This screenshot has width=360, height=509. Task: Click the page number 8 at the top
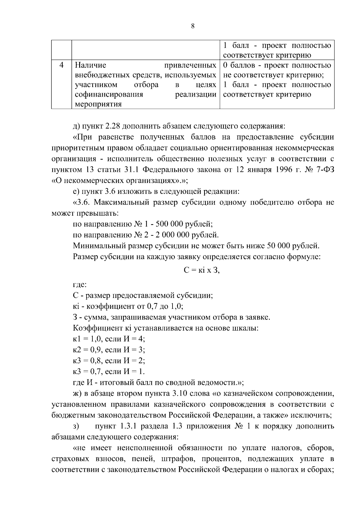193,26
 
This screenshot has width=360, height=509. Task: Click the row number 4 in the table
61,65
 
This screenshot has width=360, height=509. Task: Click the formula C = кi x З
202,270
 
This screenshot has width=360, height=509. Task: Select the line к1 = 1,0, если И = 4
109,339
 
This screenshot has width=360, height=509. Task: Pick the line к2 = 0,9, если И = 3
109,350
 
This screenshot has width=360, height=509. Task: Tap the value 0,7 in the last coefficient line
96,372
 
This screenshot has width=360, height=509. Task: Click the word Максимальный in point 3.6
121,202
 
